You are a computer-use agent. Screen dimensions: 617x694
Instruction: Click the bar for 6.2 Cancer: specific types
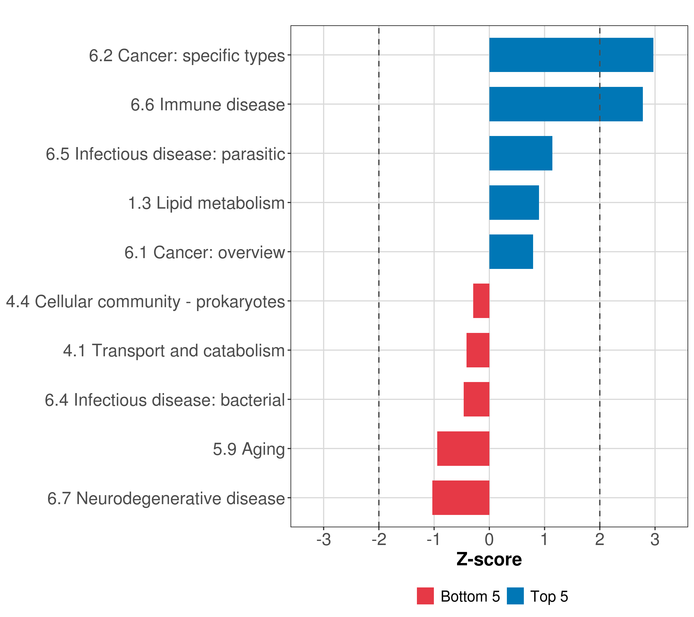coord(571,55)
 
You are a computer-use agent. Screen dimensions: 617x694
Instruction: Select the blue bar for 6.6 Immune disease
coord(566,104)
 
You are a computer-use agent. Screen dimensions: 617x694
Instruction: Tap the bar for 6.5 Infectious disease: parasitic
coord(520,153)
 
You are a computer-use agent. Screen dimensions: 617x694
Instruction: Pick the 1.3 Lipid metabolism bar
coord(514,203)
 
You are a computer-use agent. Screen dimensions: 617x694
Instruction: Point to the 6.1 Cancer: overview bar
coord(511,252)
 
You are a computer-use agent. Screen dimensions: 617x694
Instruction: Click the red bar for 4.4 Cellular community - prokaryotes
coord(481,301)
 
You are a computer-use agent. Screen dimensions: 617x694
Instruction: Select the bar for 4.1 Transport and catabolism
coord(478,350)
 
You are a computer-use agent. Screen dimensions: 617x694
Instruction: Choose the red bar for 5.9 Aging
coord(463,449)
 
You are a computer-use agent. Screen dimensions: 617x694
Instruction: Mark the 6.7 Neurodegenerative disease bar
coord(461,498)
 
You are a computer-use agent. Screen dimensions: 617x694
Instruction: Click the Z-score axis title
coord(489,560)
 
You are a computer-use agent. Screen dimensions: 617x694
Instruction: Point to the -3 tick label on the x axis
coord(324,540)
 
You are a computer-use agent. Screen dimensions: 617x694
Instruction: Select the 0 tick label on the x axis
coord(489,540)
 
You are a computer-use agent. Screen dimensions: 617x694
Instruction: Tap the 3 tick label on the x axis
coord(655,540)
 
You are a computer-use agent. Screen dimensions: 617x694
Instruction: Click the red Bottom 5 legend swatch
coord(425,596)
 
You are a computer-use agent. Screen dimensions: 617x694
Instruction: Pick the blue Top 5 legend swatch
coord(515,596)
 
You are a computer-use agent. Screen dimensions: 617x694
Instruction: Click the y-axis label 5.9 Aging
coord(249,449)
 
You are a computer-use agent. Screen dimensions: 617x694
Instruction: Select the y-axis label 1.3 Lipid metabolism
coord(206,203)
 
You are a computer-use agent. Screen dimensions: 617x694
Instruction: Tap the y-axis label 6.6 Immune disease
coord(208,105)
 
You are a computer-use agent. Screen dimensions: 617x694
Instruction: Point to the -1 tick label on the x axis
coord(434,540)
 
